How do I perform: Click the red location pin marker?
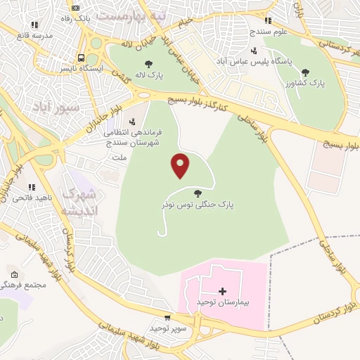coord(181,165)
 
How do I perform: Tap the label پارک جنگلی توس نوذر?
coord(196,203)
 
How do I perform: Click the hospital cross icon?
coord(223,290)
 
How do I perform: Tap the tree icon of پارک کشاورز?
coord(304,72)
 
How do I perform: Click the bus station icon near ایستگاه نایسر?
coord(82,58)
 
